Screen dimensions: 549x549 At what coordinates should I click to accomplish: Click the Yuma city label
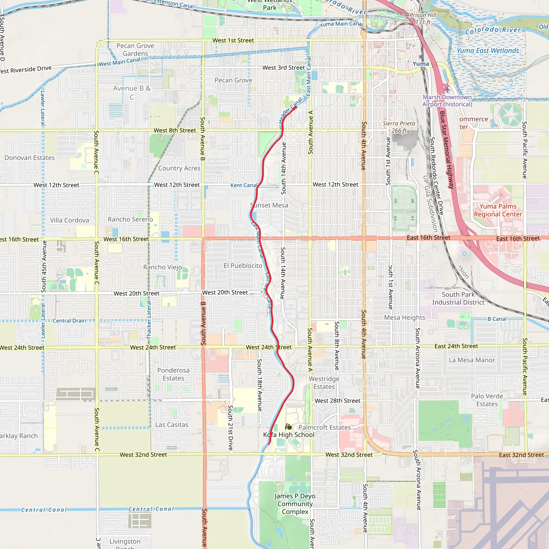(x=421, y=64)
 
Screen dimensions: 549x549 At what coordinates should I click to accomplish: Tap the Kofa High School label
(x=288, y=435)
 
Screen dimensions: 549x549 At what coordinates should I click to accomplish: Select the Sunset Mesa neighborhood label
(x=269, y=205)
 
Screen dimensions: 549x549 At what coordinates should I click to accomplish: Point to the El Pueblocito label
(x=243, y=266)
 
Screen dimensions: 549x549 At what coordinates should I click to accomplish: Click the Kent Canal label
(x=243, y=185)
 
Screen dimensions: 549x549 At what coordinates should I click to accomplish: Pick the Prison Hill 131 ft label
(x=422, y=18)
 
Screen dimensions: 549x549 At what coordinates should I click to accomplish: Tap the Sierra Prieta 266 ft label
(x=399, y=127)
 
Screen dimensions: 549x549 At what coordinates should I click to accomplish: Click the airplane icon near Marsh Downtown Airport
(x=447, y=90)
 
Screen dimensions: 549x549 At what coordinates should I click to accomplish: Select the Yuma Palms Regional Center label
(x=498, y=210)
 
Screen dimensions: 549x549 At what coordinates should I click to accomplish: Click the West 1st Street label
(x=233, y=40)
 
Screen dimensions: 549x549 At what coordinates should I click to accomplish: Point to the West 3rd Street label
(x=283, y=68)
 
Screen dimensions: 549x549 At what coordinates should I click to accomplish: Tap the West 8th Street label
(x=175, y=131)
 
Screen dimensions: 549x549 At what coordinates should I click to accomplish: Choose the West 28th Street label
(x=337, y=401)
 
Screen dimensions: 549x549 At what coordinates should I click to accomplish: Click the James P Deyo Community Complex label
(x=295, y=503)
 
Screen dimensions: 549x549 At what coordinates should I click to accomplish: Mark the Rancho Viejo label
(x=162, y=267)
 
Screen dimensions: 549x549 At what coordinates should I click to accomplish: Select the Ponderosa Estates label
(x=173, y=374)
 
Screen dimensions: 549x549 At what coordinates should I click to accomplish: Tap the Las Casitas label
(x=172, y=425)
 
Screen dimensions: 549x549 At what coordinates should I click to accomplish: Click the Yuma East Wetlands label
(x=488, y=51)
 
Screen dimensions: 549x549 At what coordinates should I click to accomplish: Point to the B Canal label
(x=497, y=319)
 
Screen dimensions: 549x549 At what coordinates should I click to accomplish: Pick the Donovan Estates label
(x=29, y=158)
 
